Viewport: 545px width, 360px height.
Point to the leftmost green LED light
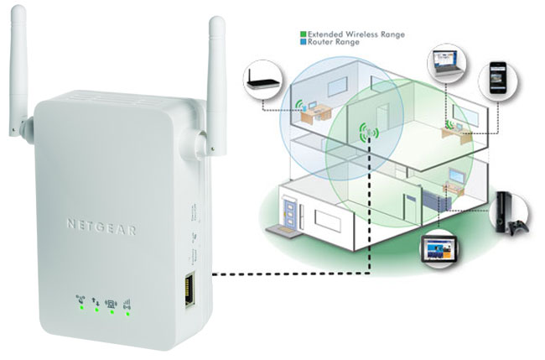coord(80,310)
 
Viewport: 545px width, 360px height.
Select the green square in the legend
coord(304,35)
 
